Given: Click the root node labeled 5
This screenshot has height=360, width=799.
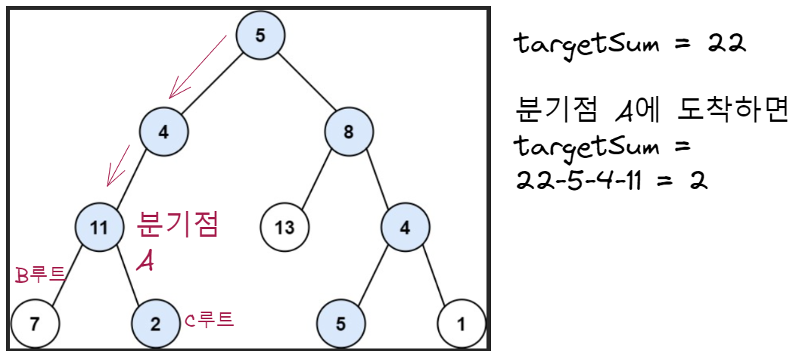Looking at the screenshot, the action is pos(260,35).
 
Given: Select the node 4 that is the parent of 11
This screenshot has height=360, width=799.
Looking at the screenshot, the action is pos(163,132).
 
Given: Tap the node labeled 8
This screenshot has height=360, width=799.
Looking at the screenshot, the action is pos(349,132).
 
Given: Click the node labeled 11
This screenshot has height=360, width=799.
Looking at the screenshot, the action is pos(99,225).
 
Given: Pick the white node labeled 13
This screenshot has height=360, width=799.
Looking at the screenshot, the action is pos(284,225).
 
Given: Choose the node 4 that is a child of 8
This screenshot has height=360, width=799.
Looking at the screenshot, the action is pos(405,225).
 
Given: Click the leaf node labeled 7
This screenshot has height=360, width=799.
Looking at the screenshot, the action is pos(35,324).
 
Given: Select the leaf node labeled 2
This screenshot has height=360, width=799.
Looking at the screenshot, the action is pos(155,324).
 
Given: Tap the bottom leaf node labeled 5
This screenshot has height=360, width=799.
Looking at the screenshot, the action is pos(340,324).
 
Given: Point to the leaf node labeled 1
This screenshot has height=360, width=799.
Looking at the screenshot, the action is pos(462,324).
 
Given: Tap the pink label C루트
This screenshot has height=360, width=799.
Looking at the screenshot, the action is pos(210,321).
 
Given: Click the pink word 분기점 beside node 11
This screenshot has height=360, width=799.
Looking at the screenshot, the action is pos(178,223).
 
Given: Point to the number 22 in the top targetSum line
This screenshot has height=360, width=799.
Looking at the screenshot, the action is pos(727,43).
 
